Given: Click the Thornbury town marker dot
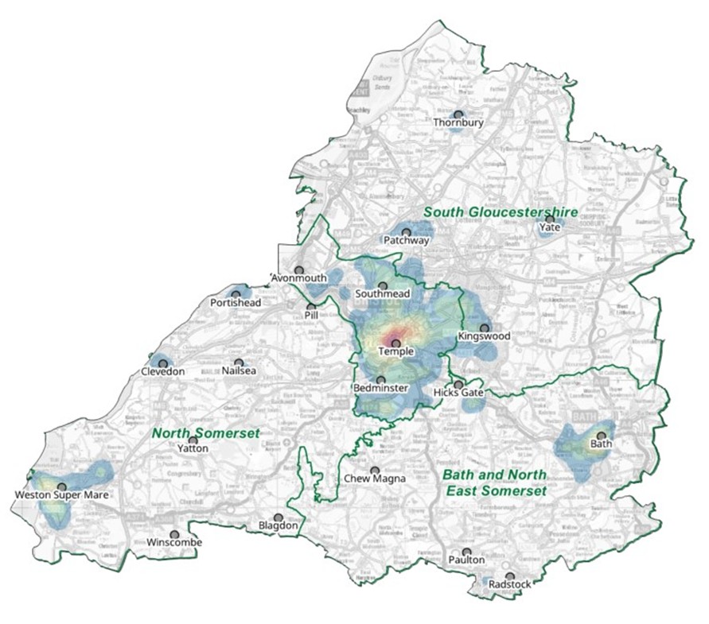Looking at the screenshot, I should point(458,114).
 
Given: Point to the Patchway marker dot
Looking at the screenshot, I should point(406,231).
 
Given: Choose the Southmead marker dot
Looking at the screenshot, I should point(382,285).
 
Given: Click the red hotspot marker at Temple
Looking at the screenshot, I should point(395,343).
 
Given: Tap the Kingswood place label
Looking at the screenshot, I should point(484,337).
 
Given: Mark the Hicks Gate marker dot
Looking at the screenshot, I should point(458,384).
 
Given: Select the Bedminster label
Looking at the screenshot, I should point(380,389).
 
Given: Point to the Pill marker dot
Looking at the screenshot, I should point(311,307).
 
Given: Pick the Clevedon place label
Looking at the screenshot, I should point(162,372).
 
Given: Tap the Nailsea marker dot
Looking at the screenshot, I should point(239,362).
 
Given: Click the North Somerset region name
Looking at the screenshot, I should point(206,433).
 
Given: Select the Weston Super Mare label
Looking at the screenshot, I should point(61,495).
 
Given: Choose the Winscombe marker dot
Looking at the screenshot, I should point(174,534).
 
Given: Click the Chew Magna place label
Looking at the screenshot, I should point(374,479).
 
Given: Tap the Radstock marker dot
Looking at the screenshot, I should point(509,576).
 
